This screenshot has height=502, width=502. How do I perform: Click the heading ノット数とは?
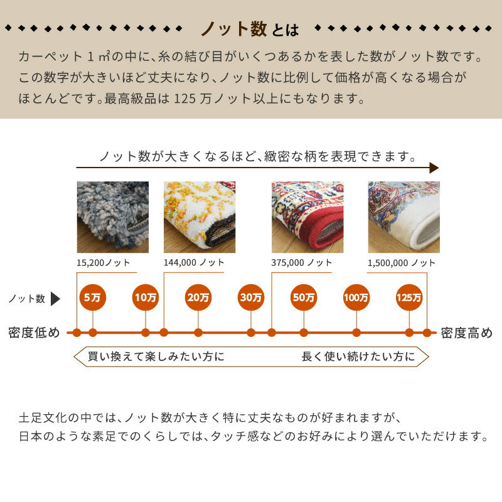[x=249, y=29]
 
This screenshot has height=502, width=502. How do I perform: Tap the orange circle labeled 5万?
[x=93, y=297]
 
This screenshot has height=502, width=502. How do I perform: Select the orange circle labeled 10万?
[x=146, y=297]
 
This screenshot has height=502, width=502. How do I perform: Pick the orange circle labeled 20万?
[x=198, y=297]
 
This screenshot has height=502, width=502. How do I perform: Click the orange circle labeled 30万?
[x=251, y=297]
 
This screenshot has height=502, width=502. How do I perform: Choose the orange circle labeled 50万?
[x=304, y=297]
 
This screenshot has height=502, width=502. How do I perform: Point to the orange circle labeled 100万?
[x=356, y=297]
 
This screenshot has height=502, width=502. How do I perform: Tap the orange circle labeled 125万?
[x=409, y=297]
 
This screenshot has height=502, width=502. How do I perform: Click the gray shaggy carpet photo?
[x=112, y=217]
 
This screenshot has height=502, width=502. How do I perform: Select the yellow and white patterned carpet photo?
[x=199, y=217]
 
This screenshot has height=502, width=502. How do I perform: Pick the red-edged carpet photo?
[x=307, y=217]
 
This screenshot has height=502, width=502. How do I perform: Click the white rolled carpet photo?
[x=403, y=217]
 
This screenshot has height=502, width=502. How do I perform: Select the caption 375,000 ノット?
[x=302, y=263]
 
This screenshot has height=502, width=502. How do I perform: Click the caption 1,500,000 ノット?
[x=402, y=263]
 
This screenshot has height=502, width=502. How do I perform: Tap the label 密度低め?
[x=35, y=333]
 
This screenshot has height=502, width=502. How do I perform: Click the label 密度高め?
[x=467, y=333]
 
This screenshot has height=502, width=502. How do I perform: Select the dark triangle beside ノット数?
[x=55, y=299]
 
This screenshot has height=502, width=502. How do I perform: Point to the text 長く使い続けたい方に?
[x=358, y=357]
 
